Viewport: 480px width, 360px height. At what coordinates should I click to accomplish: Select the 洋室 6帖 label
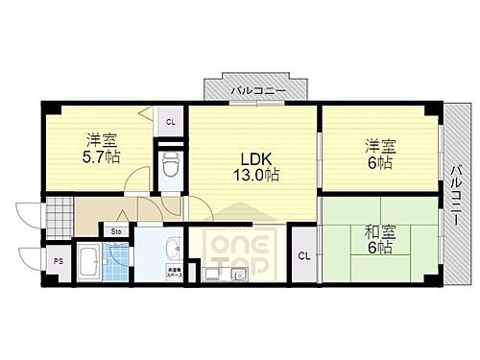click(378, 155)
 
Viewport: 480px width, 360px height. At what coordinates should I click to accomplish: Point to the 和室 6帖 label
click(377, 239)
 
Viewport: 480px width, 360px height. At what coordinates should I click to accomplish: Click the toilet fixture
click(170, 166)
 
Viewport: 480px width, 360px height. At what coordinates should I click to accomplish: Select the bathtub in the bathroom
click(88, 258)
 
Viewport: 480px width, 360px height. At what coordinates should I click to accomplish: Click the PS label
click(57, 260)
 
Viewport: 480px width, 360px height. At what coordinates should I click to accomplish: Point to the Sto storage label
click(116, 231)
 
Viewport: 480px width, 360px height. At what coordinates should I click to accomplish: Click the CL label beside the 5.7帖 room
click(170, 122)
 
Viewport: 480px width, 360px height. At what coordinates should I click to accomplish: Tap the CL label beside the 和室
click(303, 255)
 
